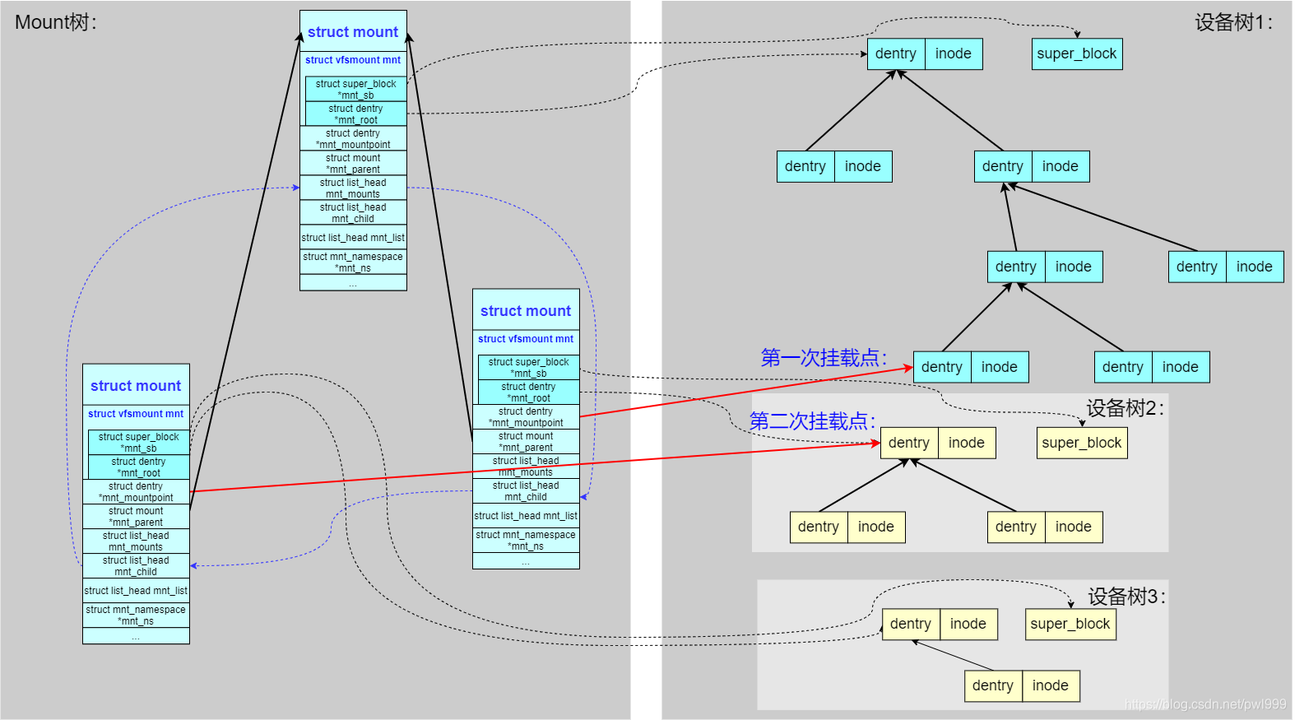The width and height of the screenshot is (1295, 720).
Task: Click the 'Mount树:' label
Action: [x=56, y=22]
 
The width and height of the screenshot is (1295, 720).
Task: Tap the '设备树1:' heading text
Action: [x=1233, y=22]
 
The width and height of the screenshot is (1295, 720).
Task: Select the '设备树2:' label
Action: [x=1125, y=408]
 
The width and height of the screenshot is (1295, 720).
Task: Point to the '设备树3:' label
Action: [x=1126, y=597]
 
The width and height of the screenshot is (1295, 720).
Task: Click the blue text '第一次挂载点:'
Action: [x=824, y=358]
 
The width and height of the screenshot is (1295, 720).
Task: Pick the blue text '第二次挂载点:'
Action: [x=812, y=421]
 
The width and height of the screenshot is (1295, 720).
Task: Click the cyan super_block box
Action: [x=1076, y=54]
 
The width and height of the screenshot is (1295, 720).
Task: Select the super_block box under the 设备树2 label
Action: [x=1081, y=443]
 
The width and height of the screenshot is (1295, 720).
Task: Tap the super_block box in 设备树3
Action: [x=1070, y=624]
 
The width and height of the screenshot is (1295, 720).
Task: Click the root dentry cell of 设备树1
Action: [x=895, y=54]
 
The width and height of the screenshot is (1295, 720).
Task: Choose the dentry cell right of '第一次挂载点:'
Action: [x=941, y=367]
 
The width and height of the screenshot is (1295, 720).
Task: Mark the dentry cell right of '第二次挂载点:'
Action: [x=908, y=443]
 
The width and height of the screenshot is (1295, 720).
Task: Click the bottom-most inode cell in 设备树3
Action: [x=1050, y=685]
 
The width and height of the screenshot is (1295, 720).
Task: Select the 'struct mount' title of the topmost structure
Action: [x=353, y=32]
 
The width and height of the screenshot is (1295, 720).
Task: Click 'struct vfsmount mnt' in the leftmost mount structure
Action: [x=136, y=414]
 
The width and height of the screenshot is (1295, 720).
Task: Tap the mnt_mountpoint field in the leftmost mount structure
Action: [x=136, y=492]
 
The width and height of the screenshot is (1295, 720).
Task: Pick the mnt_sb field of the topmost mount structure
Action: [x=355, y=90]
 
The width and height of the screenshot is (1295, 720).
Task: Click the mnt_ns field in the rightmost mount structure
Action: [x=526, y=541]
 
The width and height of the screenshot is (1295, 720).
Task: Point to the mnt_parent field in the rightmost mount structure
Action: [x=526, y=442]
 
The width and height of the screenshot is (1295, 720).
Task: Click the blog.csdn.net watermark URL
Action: [x=1204, y=704]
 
